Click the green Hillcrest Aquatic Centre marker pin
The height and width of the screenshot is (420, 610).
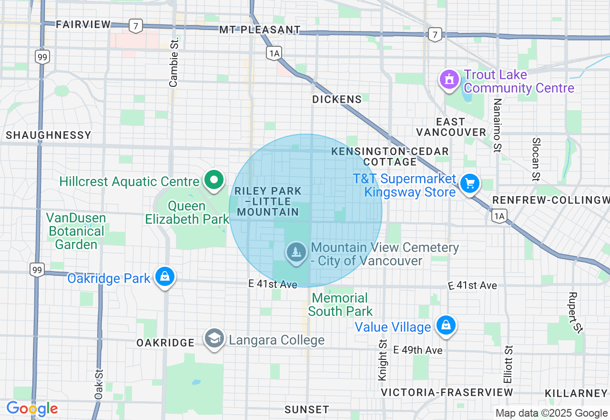[214, 180]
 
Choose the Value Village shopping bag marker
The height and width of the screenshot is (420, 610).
[446, 325]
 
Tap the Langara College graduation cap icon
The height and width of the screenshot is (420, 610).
[214, 338]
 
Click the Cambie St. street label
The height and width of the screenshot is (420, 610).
[173, 63]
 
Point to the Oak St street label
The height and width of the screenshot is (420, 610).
[99, 384]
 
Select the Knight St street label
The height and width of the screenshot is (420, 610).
[382, 360]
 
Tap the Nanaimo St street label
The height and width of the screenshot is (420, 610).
[498, 125]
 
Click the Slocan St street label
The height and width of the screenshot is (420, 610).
[536, 159]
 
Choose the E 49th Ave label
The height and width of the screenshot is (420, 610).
[418, 350]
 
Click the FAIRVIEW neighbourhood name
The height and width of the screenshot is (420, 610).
[83, 24]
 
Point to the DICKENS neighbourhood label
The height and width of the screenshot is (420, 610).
[337, 99]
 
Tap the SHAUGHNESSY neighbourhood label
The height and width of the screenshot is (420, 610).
[49, 135]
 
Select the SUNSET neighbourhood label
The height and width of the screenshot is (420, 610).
[306, 409]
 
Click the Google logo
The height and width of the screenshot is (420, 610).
[32, 409]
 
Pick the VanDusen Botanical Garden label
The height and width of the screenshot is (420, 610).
[76, 231]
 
